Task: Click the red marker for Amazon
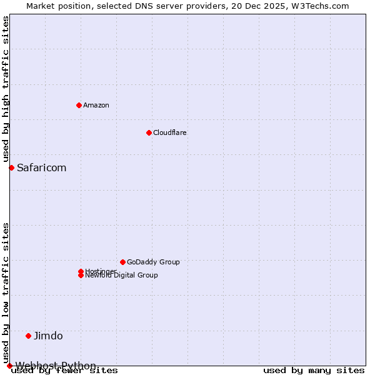[x=79, y=105]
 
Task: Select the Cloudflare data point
[x=149, y=132]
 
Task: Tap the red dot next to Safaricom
[x=11, y=167]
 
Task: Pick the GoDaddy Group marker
[x=122, y=262]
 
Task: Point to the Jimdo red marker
[x=28, y=336]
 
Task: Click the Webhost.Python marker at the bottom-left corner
[x=9, y=366]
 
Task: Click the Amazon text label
[x=96, y=105]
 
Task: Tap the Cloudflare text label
[x=170, y=132]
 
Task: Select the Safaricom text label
[x=41, y=167]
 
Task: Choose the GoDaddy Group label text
[x=153, y=262]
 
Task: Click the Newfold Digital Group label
[x=122, y=276]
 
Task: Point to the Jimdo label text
[x=48, y=336]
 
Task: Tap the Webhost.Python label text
[x=56, y=366]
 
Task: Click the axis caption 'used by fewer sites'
[x=65, y=371]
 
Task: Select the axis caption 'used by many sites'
[x=314, y=371]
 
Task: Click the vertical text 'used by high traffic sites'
[x=6, y=89]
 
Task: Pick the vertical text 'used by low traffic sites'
[x=6, y=292]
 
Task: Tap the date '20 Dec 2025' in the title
[x=259, y=6]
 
